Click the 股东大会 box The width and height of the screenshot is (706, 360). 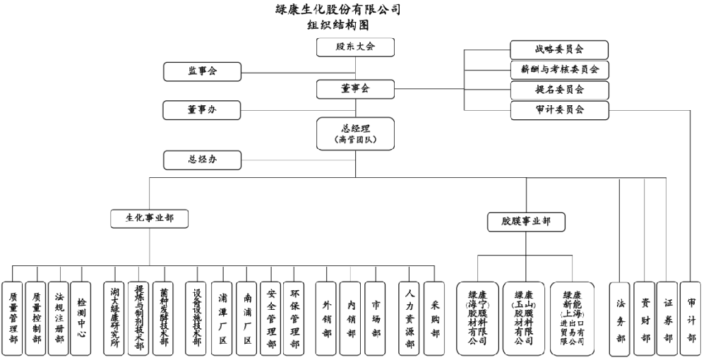click(355, 47)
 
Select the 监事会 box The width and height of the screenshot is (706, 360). click(203, 71)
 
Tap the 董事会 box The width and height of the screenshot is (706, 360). click(355, 89)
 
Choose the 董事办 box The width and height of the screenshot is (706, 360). click(203, 110)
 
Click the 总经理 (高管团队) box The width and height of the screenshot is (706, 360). click(355, 134)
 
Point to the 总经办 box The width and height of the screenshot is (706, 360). click(203, 160)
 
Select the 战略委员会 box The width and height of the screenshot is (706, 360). click(559, 49)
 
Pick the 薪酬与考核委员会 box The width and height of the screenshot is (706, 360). click(559, 69)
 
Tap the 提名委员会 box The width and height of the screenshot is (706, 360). click(559, 90)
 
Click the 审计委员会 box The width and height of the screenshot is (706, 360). click(559, 109)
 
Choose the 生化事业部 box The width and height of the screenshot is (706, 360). click(150, 219)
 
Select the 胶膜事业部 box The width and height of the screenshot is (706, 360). click(527, 222)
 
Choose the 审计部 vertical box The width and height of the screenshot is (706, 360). click(691, 318)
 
